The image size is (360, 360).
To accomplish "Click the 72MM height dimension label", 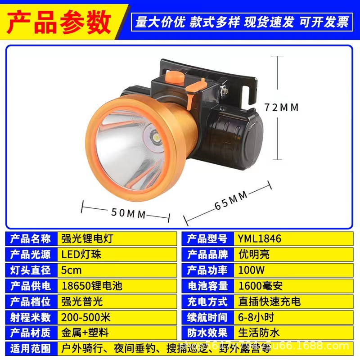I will coord(282,108).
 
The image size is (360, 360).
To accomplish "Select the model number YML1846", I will coord(260,238).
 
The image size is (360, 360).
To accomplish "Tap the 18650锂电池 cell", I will coord(92,286).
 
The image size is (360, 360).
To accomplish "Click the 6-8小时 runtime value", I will coord(256,317).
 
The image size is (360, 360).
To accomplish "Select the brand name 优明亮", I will coord(254,254).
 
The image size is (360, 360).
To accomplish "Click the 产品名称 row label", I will coord(30,238).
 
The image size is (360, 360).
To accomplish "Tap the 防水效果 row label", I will coord(207,333).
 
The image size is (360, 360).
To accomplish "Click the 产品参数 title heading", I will coord(59,20).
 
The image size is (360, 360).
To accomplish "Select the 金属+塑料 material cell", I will coord(85,333).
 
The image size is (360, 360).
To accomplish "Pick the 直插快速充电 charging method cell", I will coord(270,301).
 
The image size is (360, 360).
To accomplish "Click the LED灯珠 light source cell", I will coord(81,254).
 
